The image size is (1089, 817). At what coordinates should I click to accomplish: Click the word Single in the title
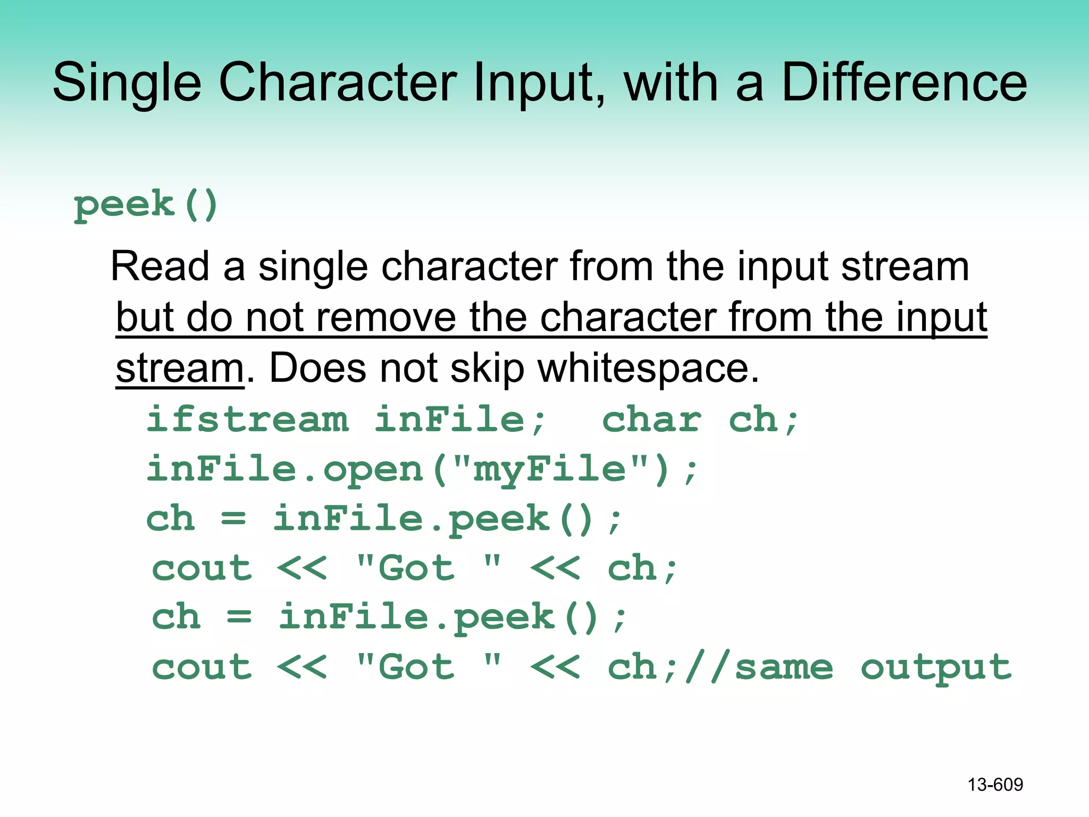pyautogui.click(x=127, y=83)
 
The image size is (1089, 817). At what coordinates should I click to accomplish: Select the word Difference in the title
pyautogui.click(x=904, y=83)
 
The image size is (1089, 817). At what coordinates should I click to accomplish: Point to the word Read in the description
pyautogui.click(x=160, y=266)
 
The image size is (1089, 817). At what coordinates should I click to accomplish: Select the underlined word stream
pyautogui.click(x=180, y=368)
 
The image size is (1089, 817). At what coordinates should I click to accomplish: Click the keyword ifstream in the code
pyautogui.click(x=248, y=420)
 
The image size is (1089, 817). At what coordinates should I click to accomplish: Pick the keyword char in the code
pyautogui.click(x=652, y=420)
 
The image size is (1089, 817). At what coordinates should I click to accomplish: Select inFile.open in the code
pyautogui.click(x=285, y=470)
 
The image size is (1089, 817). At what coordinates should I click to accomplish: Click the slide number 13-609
pyautogui.click(x=995, y=785)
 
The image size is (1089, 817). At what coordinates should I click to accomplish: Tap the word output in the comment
pyautogui.click(x=936, y=668)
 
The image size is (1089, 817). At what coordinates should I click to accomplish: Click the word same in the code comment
pyautogui.click(x=784, y=668)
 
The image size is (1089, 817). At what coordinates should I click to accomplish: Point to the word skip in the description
pyautogui.click(x=487, y=368)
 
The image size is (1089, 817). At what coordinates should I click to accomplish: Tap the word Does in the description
pyautogui.click(x=318, y=368)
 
